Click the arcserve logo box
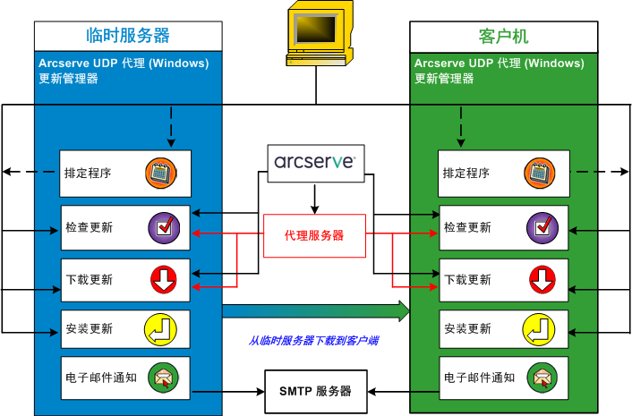click(314, 163)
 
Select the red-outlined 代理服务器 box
click(314, 236)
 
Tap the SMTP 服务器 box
click(314, 391)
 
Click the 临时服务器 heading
click(128, 36)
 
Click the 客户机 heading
click(504, 36)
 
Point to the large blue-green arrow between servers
click(315, 310)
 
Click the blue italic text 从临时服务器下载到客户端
click(314, 341)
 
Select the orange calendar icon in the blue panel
click(162, 173)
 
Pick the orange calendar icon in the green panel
click(539, 173)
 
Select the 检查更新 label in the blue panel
click(90, 227)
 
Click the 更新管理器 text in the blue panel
click(68, 79)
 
